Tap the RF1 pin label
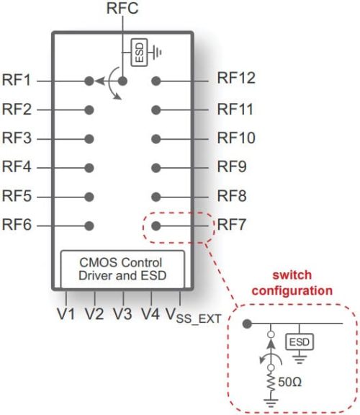[x=17, y=80]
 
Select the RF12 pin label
[x=237, y=79]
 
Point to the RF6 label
[x=17, y=226]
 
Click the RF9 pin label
[x=233, y=166]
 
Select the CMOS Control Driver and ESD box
[x=122, y=268]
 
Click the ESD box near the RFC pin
[x=137, y=52]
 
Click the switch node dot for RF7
[x=156, y=226]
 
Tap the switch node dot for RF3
[x=89, y=138]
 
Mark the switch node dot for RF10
[x=156, y=138]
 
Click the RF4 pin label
[x=17, y=167]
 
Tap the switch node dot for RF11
[x=156, y=110]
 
